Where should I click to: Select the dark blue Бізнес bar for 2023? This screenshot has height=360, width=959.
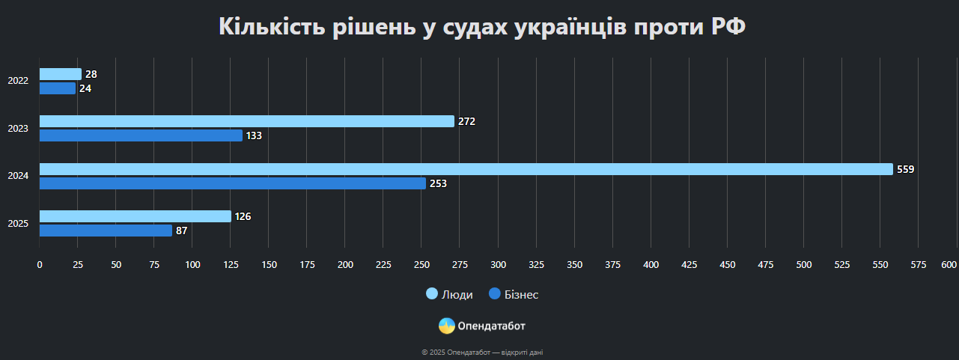tap(141, 135)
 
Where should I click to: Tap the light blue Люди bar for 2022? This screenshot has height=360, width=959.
tap(60, 74)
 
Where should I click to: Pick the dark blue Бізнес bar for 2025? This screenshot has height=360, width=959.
tap(106, 231)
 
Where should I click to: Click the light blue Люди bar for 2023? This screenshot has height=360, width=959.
tap(246, 121)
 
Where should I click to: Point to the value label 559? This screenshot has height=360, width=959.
tap(905, 170)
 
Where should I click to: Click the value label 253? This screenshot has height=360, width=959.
tap(438, 184)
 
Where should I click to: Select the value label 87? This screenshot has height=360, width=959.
tap(181, 231)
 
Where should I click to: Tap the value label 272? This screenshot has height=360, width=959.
tap(466, 122)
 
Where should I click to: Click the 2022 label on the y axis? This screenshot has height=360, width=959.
tap(18, 81)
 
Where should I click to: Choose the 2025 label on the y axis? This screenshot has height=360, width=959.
tap(18, 224)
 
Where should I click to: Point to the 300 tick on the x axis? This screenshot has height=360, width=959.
tap(498, 265)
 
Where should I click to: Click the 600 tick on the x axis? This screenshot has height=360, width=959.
tap(949, 265)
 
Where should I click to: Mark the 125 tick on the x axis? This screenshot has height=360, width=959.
tap(231, 265)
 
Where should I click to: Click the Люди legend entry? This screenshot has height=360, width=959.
tap(449, 295)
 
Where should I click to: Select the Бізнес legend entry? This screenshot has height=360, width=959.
tap(514, 295)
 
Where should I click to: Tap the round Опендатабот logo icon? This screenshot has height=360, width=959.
tap(447, 326)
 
